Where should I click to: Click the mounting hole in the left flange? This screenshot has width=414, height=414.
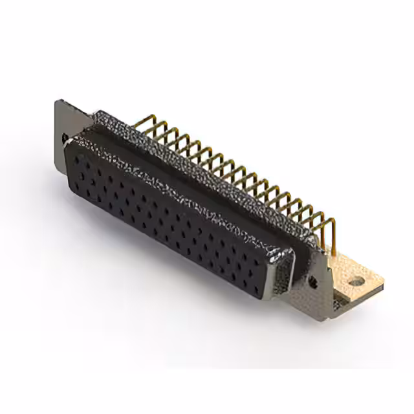tap(65, 137)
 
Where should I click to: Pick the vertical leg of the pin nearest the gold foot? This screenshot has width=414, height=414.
tap(332, 236)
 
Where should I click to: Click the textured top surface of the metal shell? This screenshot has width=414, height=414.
tap(194, 168)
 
